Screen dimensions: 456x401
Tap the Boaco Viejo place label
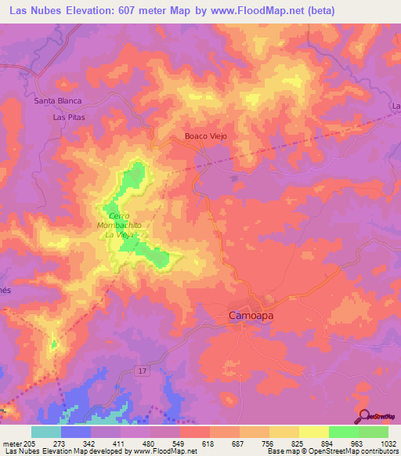[205, 136]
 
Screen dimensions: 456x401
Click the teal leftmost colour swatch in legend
[46, 432]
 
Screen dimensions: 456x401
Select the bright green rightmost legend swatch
[374, 432]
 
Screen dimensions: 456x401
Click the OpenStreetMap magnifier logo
[363, 416]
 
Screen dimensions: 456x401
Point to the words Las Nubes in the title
[37, 11]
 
